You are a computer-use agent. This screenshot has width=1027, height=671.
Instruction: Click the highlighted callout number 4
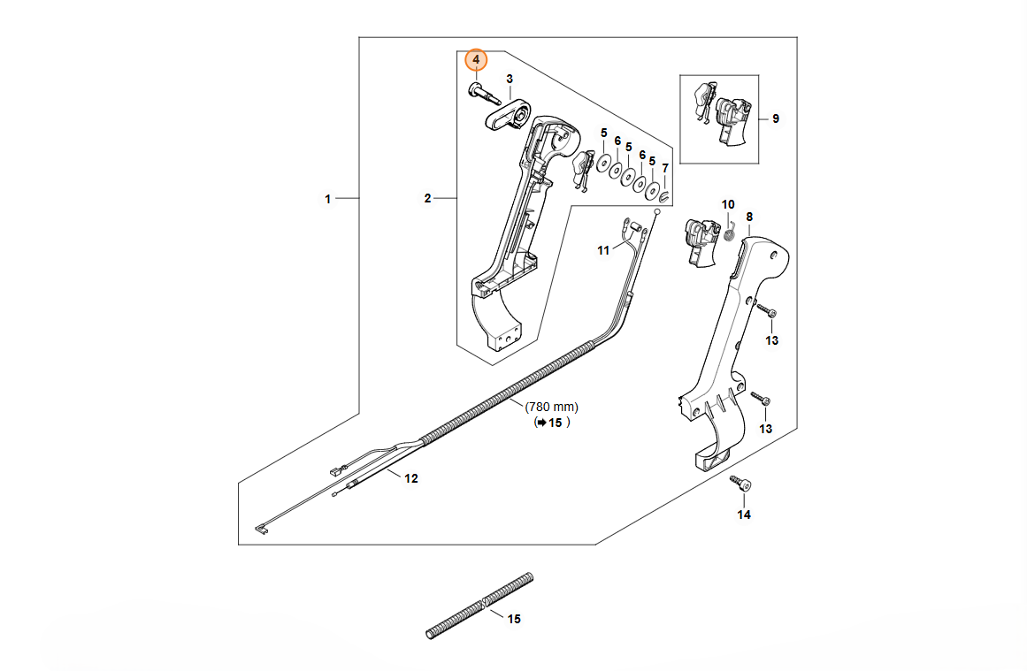(476, 59)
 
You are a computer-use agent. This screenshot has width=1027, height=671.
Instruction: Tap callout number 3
(510, 80)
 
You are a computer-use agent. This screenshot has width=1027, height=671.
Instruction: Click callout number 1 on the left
(327, 199)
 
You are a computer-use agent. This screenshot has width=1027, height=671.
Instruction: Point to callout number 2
(427, 199)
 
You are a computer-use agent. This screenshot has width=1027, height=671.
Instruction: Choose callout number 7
(665, 168)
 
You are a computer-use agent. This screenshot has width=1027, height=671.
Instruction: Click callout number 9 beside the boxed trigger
(776, 118)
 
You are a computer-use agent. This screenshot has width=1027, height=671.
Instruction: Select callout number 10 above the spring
(728, 205)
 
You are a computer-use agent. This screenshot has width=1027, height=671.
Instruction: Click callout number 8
(749, 217)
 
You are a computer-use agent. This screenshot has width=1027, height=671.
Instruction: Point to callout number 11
(603, 251)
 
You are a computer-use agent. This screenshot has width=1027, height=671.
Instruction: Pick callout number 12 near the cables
(410, 479)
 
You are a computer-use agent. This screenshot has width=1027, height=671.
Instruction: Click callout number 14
(743, 515)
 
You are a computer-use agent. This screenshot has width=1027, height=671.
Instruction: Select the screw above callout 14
(740, 484)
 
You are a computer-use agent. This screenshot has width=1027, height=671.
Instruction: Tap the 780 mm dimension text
(552, 407)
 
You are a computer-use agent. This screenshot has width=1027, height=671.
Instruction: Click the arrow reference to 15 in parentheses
(551, 423)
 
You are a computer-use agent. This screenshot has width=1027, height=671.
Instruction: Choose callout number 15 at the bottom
(514, 619)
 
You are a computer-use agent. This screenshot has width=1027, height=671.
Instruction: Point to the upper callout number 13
(772, 340)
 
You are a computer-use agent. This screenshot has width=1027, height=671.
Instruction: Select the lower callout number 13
(766, 429)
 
